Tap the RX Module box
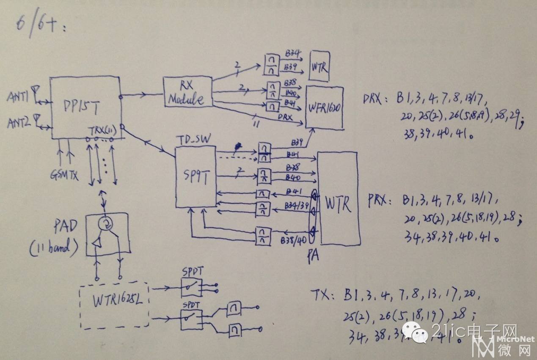coord(187,92)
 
